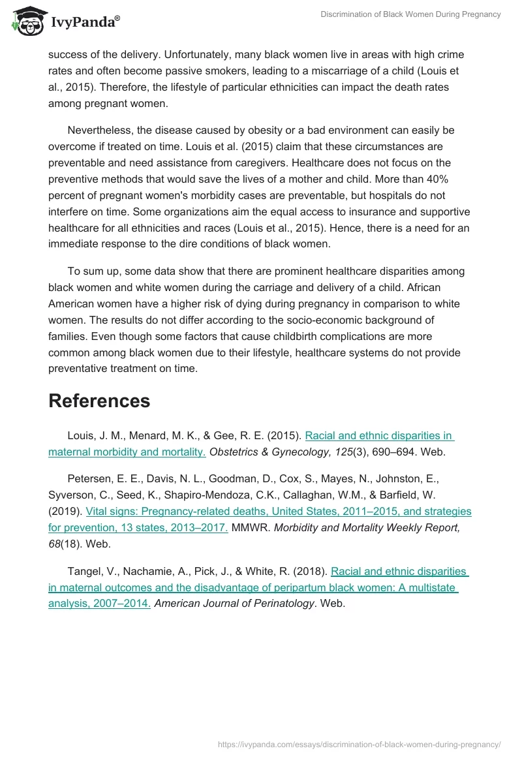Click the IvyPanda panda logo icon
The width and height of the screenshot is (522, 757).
27,21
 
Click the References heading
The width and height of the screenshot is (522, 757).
99,401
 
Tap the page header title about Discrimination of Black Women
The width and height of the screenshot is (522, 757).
410,14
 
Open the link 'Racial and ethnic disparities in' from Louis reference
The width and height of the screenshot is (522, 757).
379,435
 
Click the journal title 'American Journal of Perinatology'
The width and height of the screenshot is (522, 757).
234,604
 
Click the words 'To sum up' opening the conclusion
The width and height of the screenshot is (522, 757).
93,271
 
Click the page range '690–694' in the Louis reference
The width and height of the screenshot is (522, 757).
394,452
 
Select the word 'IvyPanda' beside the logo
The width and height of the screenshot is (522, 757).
84,22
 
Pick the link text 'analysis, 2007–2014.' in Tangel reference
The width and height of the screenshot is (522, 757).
99,604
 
